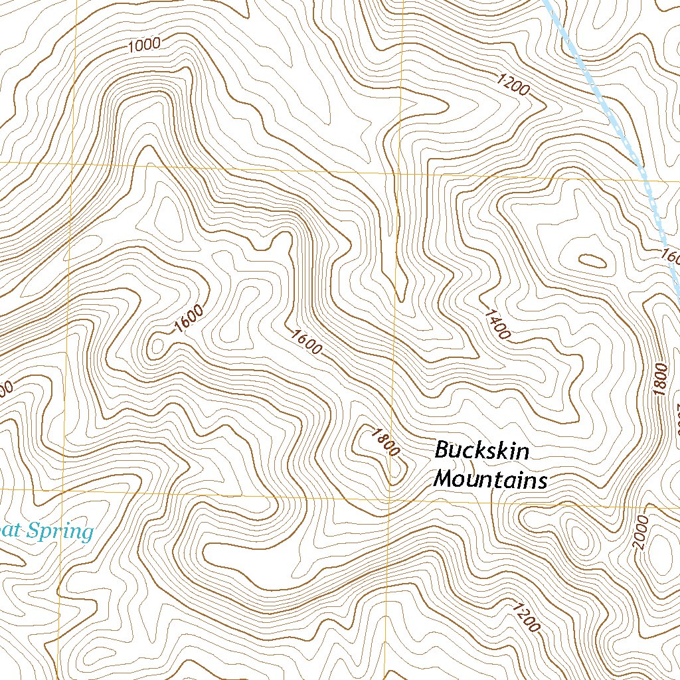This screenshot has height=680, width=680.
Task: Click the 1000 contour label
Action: click(143, 45)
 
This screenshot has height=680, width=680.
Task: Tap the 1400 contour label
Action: click(497, 324)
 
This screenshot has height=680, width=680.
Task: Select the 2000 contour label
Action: click(639, 532)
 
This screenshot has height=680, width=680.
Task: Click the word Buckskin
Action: click(481, 451)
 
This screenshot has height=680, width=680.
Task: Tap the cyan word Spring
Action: click(65, 531)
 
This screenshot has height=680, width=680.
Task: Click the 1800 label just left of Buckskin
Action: click(385, 442)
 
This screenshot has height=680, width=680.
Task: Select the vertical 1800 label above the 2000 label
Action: click(659, 380)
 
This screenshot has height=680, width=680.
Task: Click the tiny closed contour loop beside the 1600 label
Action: click(158, 345)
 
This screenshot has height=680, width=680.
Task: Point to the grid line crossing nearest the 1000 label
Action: click(74, 163)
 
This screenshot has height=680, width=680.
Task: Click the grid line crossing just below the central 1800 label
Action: click(390, 497)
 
